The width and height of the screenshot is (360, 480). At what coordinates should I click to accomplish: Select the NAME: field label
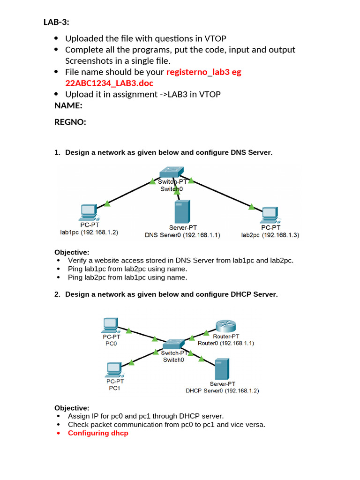(68, 105)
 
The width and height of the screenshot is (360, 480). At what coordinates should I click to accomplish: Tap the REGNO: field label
(70, 122)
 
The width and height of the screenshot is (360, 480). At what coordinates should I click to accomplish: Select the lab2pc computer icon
(269, 214)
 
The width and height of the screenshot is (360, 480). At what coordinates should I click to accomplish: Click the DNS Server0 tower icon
(181, 211)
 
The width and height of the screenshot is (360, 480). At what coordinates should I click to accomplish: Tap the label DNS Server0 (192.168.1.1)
(182, 235)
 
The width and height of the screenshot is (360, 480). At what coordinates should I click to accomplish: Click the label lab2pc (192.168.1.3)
(270, 234)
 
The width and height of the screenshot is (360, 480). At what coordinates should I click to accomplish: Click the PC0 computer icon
(110, 324)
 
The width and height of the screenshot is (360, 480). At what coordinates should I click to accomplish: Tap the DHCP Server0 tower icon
(222, 369)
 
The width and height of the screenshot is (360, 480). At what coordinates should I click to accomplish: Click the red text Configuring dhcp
(98, 433)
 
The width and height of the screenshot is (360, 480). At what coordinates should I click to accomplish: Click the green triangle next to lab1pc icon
(107, 203)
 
